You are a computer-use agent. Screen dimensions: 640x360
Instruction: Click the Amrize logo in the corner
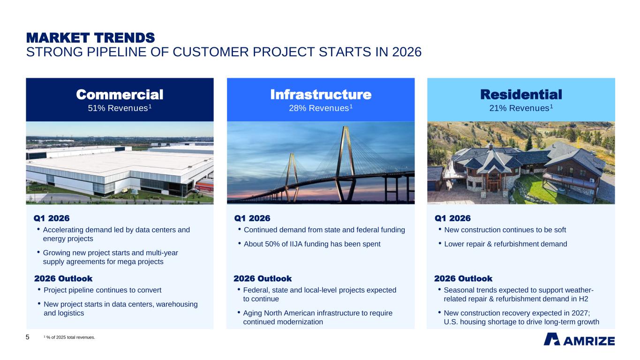[x=579, y=339]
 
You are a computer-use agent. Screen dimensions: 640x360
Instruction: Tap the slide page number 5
[x=27, y=337]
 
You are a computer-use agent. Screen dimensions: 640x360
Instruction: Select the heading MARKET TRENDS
[x=90, y=38]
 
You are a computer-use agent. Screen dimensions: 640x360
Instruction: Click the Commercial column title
[x=120, y=95]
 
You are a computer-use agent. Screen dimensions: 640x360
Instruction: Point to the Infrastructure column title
[x=321, y=95]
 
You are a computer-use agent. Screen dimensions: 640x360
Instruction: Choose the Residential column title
[x=521, y=95]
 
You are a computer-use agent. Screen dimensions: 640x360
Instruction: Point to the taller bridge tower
[x=346, y=164]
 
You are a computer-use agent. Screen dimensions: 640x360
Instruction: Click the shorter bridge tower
[x=292, y=177]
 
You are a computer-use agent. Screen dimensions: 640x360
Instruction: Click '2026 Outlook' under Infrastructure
[x=263, y=278]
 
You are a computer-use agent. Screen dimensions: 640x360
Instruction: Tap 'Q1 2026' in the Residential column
[x=452, y=218]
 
